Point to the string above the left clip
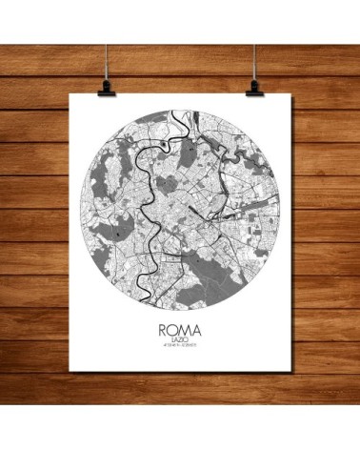click(x=103, y=38)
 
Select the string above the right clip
click(x=255, y=38)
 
